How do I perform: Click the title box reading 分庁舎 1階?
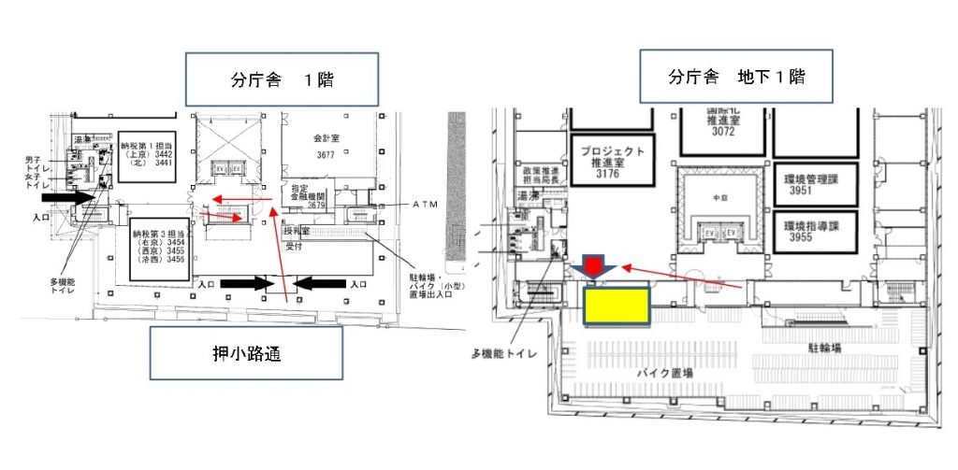click(282, 78)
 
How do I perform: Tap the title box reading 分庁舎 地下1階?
click(735, 76)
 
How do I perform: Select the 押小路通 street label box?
click(245, 354)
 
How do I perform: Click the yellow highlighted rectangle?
click(617, 306)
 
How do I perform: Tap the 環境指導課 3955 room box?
click(813, 231)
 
